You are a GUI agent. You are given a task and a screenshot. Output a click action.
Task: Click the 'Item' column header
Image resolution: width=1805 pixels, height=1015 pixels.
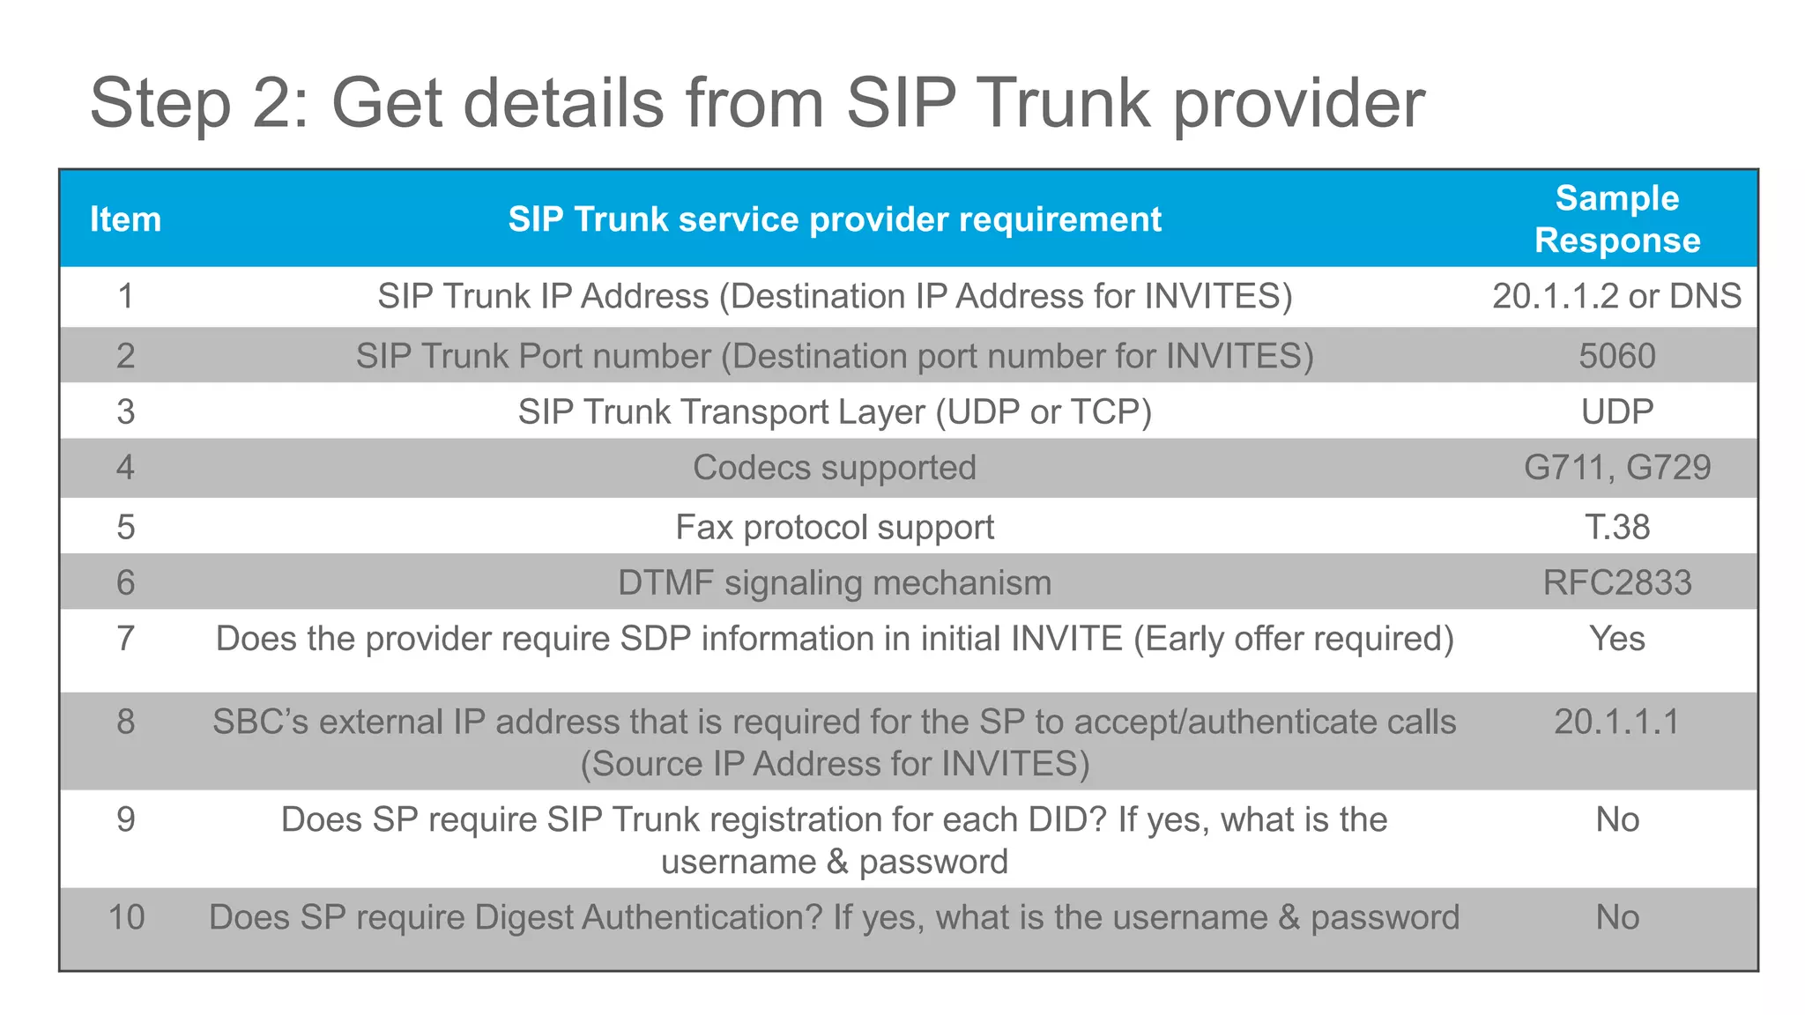coord(125,219)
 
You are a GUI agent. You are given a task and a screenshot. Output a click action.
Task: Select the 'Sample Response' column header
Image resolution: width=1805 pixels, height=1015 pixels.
coord(1616,219)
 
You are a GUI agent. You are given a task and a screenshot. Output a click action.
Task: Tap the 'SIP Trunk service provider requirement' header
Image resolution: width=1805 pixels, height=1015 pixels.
coord(834,219)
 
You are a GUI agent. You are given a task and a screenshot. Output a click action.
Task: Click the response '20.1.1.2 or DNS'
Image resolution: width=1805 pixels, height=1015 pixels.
coord(1616,296)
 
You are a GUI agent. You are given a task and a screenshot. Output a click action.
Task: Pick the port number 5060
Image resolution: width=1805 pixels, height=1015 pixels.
coord(1616,356)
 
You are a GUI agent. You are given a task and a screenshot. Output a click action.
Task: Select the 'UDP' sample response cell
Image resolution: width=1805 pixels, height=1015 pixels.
coord(1616,411)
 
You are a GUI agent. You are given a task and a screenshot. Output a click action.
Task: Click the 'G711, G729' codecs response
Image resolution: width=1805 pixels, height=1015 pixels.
coord(1616,467)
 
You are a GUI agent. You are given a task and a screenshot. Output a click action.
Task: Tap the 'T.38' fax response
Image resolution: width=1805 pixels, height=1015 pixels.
coord(1616,527)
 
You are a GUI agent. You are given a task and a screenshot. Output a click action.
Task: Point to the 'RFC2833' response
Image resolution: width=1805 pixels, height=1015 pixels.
coord(1616,582)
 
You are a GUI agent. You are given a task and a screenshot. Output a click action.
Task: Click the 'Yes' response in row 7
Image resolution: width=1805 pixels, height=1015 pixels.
coord(1616,638)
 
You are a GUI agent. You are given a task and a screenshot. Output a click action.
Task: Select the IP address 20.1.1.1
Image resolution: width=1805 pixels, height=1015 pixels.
coord(1616,722)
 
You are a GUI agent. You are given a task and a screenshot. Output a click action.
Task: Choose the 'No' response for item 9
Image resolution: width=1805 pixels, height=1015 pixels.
coord(1616,819)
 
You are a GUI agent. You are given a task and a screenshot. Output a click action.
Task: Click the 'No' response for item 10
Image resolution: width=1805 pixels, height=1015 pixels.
coord(1616,917)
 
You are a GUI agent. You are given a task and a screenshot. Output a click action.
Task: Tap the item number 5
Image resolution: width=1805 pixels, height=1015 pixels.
coord(125,527)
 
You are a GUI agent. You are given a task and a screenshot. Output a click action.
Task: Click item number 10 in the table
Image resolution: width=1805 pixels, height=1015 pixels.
coord(125,917)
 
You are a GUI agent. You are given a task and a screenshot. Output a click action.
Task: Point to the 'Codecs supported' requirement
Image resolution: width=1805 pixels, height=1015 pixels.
coord(834,467)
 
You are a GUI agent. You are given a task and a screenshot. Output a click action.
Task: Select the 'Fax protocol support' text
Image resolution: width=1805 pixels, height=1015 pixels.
coord(834,527)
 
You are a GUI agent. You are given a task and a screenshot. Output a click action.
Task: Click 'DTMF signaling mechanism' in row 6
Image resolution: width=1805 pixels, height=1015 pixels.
coord(834,582)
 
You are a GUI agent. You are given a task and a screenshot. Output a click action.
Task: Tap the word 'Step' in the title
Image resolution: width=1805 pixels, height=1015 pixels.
coord(160,104)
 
